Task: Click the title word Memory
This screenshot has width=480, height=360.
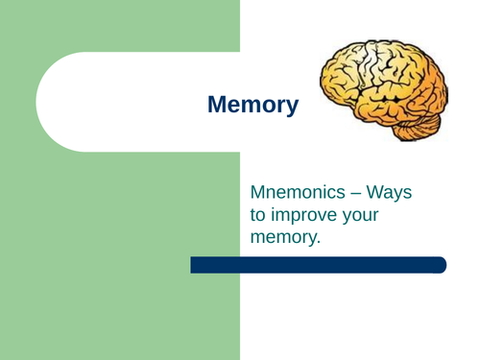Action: coord(252,105)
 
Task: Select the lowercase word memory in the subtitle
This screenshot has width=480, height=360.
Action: coord(282,237)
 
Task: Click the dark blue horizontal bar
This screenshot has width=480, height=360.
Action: coord(318,265)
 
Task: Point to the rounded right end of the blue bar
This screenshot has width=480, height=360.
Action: coord(442,265)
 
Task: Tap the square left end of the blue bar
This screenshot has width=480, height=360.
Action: coord(194,265)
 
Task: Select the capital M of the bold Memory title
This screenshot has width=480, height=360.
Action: coord(217,105)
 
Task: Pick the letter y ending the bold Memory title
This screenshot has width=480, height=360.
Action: coord(292,108)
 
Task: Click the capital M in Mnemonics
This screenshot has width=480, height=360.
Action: coord(256,193)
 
